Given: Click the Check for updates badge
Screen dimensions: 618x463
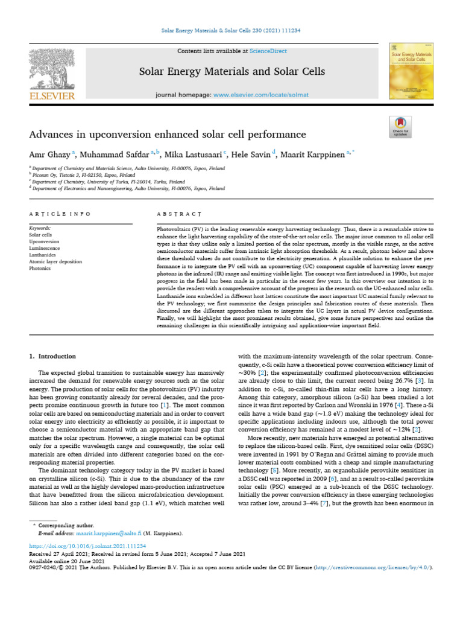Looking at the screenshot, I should point(400,127).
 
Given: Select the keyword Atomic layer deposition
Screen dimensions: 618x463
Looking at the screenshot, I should point(54,261).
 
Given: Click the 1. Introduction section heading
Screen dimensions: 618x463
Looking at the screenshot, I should point(53,357).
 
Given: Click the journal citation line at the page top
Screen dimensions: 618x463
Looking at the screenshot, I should point(231,30).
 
